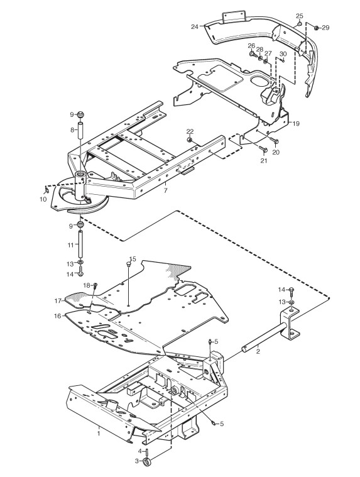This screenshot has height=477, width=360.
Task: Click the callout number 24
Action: pyautogui.click(x=195, y=27)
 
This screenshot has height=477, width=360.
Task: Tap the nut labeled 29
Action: pyautogui.click(x=316, y=28)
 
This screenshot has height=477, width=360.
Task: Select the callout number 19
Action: pyautogui.click(x=296, y=124)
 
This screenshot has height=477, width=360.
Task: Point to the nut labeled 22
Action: pyautogui.click(x=189, y=140)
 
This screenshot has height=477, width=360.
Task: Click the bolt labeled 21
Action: pyautogui.click(x=263, y=149)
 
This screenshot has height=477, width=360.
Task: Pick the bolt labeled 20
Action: pyautogui.click(x=275, y=141)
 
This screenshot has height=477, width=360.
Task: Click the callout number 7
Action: pyautogui.click(x=165, y=191)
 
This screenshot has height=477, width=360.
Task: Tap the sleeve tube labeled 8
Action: pyautogui.click(x=81, y=130)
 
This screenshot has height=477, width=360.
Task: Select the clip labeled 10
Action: pyautogui.click(x=46, y=191)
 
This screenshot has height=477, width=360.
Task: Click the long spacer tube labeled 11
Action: pyautogui.click(x=81, y=244)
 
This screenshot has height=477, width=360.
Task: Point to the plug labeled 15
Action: pyautogui.click(x=129, y=265)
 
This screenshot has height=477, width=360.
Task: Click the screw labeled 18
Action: pyautogui.click(x=95, y=285)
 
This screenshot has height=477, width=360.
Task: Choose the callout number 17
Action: pyautogui.click(x=58, y=301)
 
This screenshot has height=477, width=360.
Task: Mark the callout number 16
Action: pyautogui.click(x=58, y=316)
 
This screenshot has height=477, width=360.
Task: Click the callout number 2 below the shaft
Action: pyautogui.click(x=258, y=352)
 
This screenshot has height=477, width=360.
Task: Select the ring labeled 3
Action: pyautogui.click(x=146, y=461)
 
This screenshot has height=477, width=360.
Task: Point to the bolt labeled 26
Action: pyautogui.click(x=252, y=54)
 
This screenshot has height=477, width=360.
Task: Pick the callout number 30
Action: pyautogui.click(x=283, y=53)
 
